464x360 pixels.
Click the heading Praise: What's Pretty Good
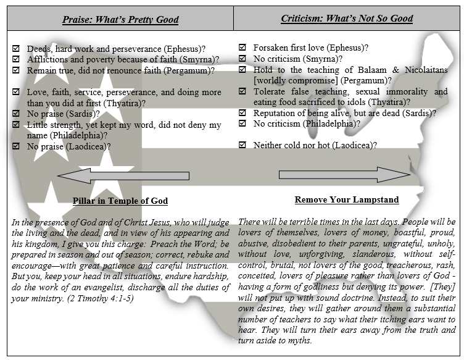point(120,19)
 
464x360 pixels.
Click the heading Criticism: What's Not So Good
point(347,19)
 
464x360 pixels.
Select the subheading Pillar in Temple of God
point(120,201)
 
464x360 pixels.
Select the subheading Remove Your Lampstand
point(346,199)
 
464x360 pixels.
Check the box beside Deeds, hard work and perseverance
point(16,48)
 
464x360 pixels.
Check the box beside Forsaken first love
point(242,48)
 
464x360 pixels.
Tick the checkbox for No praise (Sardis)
point(16,114)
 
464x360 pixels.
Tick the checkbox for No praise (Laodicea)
point(16,146)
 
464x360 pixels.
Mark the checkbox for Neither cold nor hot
point(242,145)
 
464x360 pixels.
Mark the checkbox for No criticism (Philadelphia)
point(242,123)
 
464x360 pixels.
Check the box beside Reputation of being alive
point(242,113)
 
